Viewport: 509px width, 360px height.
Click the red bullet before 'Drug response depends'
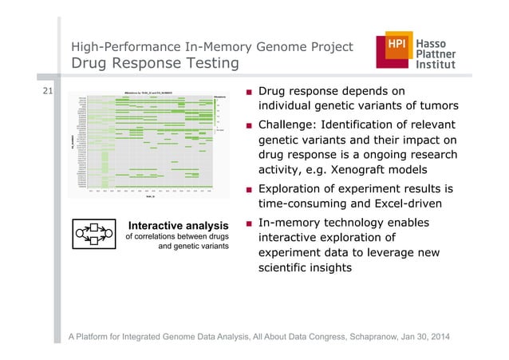[x=251, y=91]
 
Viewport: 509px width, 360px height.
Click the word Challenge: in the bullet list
[x=290, y=125]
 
